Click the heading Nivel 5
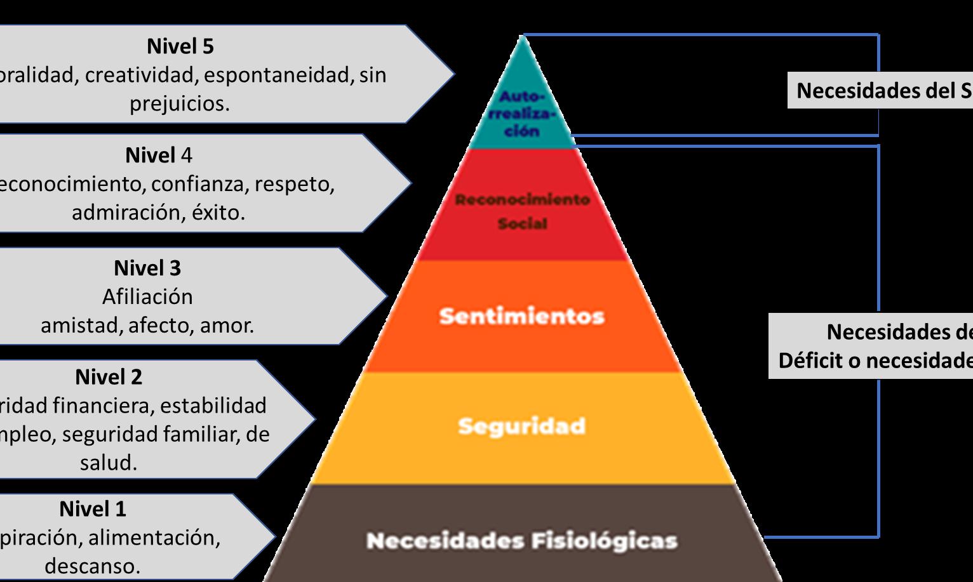(180, 46)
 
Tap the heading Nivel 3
(147, 268)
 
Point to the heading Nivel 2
(109, 377)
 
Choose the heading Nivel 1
(93, 509)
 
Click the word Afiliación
(147, 296)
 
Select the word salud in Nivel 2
(107, 462)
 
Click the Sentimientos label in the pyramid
(521, 316)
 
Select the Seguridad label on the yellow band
(521, 426)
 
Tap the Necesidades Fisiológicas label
(521, 541)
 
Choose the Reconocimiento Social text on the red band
(522, 211)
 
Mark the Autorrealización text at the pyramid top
(522, 114)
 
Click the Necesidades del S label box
(883, 91)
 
